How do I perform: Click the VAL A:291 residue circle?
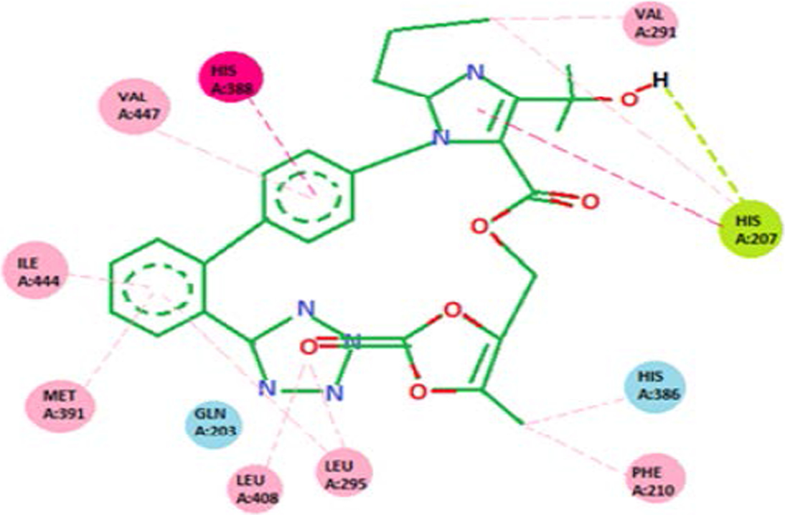[x=650, y=24]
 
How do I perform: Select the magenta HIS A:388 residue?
[x=230, y=76]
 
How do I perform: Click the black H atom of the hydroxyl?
[x=660, y=80]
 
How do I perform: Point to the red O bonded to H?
[x=627, y=99]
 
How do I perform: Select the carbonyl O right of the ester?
[x=588, y=202]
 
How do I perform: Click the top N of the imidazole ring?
[x=471, y=72]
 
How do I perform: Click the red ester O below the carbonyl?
[x=480, y=227]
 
